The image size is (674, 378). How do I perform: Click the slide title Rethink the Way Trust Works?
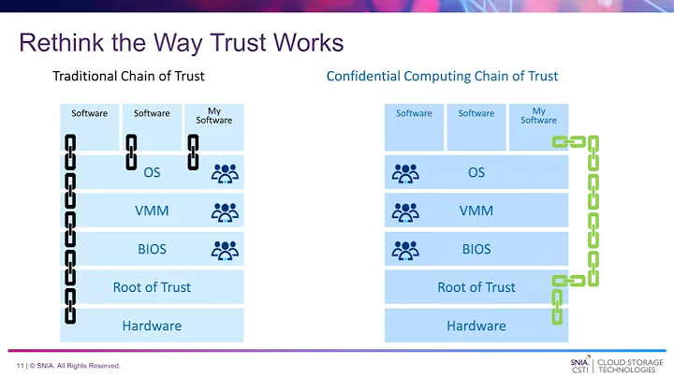click(x=182, y=44)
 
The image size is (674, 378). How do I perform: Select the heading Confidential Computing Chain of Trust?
click(x=442, y=76)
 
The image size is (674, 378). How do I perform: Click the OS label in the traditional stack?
click(x=152, y=172)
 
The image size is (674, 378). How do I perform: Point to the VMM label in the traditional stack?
click(x=152, y=211)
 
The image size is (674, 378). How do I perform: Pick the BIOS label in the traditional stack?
click(x=152, y=249)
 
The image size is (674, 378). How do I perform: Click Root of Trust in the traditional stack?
click(x=152, y=287)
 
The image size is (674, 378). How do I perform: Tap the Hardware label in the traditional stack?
click(x=152, y=326)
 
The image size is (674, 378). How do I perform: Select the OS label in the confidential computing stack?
click(x=476, y=172)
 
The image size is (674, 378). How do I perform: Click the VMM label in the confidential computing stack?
click(x=476, y=211)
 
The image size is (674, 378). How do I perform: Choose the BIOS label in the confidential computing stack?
click(x=476, y=249)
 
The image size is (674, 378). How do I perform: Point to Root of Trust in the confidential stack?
click(x=476, y=287)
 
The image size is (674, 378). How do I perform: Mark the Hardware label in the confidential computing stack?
click(x=476, y=326)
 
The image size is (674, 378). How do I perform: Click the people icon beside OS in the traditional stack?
click(x=226, y=173)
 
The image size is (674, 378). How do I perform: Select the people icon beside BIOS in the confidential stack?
click(x=404, y=250)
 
